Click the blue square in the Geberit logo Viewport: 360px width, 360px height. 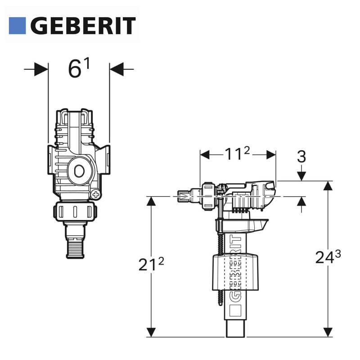coord(17,26)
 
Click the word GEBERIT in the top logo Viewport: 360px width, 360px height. coord(83,26)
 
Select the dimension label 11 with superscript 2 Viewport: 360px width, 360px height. coord(237,153)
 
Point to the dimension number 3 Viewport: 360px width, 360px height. coord(301,157)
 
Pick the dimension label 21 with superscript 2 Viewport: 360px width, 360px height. coord(151,264)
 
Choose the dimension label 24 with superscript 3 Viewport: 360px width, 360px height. coord(328,256)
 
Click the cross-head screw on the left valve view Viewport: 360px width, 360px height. coord(96,195)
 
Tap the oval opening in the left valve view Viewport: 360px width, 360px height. coord(79,171)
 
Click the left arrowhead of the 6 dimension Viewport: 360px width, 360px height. coord(41,69)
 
